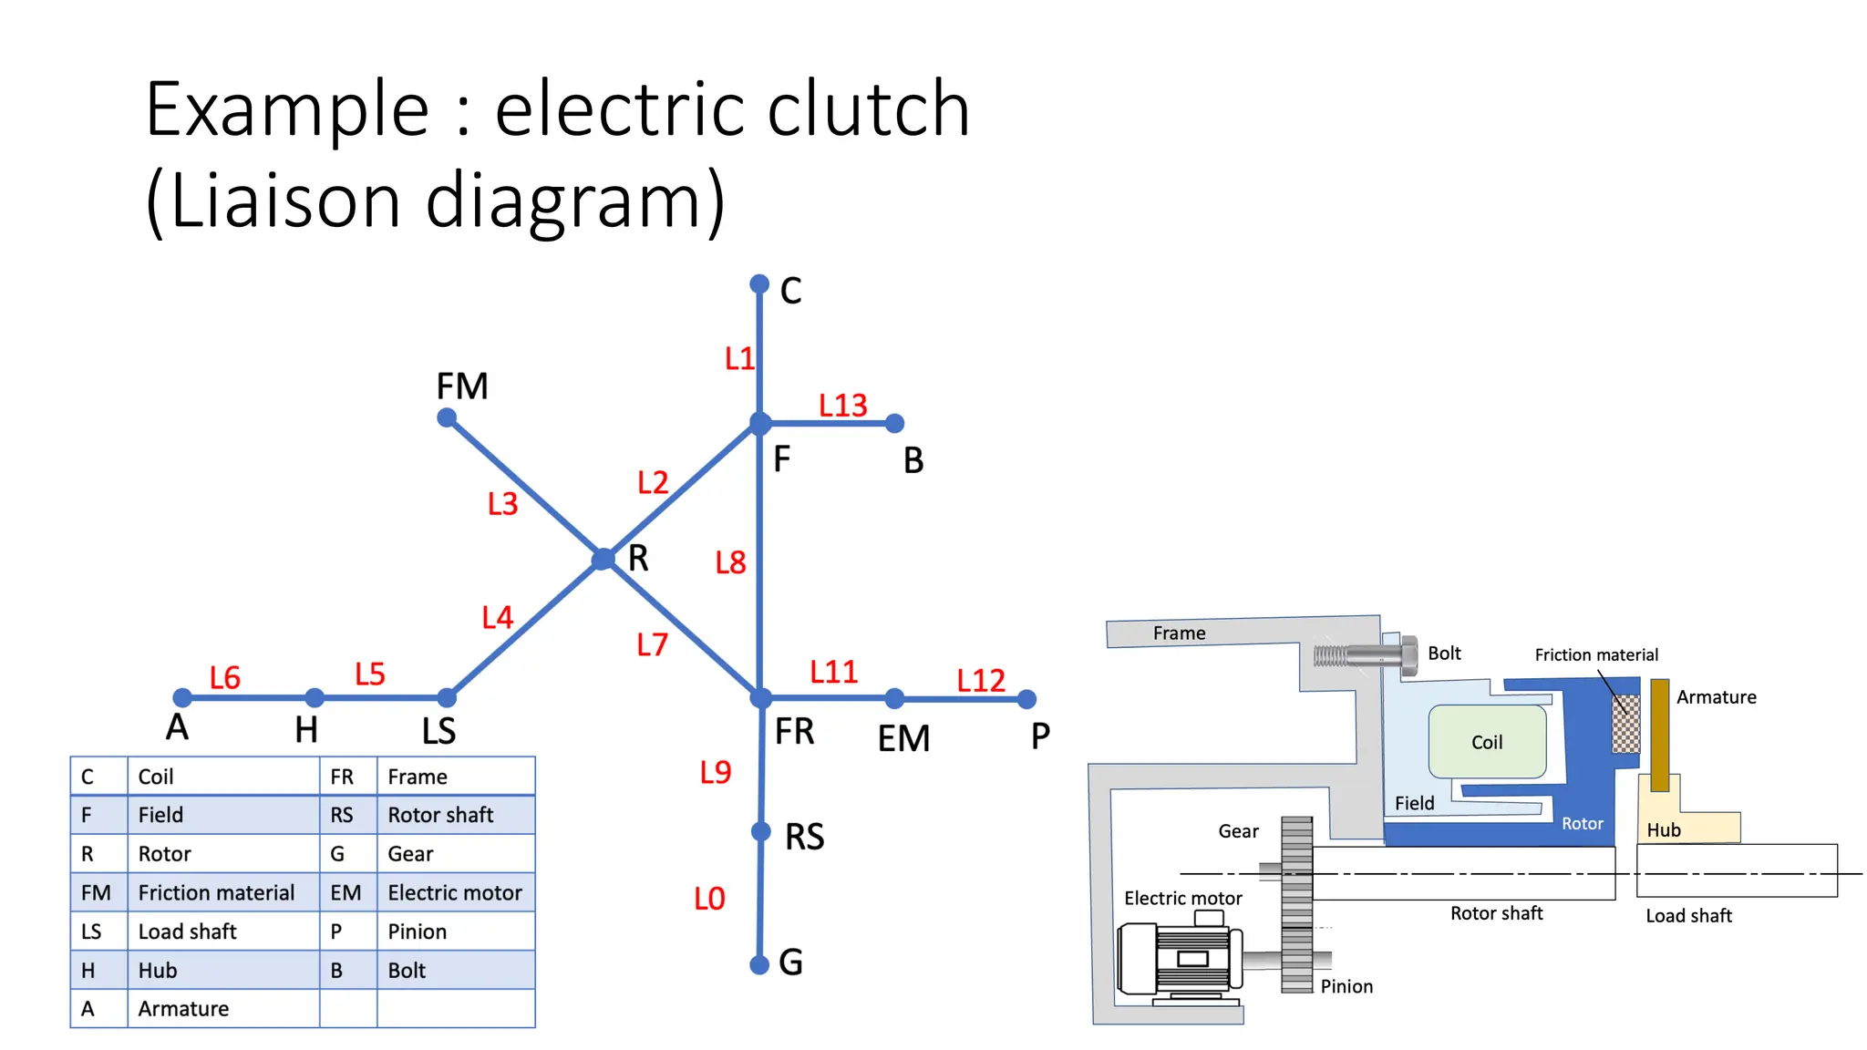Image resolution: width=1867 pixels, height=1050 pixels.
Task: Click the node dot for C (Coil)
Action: point(759,284)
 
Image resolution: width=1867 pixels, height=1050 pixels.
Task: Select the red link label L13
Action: point(842,405)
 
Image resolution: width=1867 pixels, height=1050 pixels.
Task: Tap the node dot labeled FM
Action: point(447,418)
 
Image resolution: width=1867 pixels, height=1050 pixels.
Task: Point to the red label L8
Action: point(730,562)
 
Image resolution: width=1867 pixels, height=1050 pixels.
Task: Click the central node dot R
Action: point(603,559)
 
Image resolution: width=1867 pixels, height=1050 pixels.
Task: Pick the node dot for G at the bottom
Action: point(759,964)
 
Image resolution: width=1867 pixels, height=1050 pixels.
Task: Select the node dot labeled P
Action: point(1026,699)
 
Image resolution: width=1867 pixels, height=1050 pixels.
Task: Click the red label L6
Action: point(224,677)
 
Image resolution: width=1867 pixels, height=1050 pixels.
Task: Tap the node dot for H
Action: point(315,698)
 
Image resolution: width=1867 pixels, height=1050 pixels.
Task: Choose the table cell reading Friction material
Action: point(217,893)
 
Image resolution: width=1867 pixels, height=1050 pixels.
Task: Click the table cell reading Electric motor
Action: point(455,893)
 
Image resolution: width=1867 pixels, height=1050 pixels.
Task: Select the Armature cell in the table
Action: point(184,1009)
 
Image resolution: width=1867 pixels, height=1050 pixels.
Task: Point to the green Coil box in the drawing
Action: point(1487,741)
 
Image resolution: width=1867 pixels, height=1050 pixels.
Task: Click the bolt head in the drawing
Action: point(1408,655)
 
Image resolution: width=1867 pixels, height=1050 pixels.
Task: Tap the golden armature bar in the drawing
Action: point(1660,734)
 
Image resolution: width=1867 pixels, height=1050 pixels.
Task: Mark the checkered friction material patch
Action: point(1625,724)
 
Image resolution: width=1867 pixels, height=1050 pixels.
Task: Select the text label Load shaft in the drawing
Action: point(1688,916)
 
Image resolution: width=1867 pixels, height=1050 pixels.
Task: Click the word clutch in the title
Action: point(867,109)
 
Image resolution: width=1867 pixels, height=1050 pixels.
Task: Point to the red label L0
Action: point(709,899)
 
